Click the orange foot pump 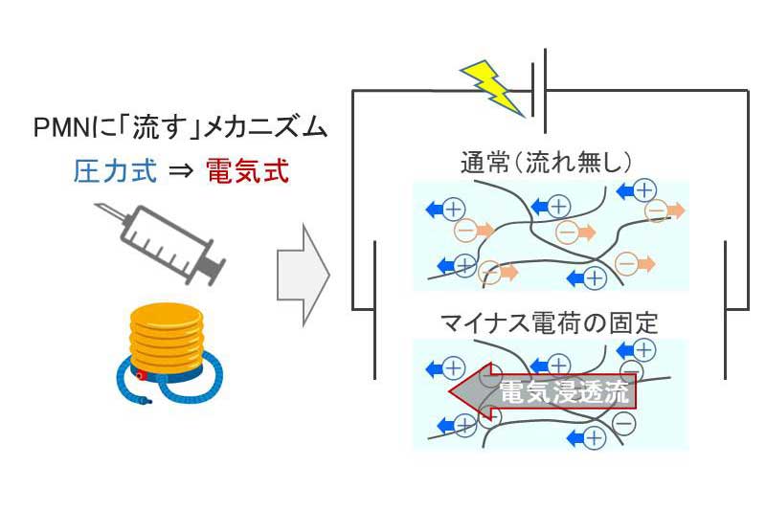168,335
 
